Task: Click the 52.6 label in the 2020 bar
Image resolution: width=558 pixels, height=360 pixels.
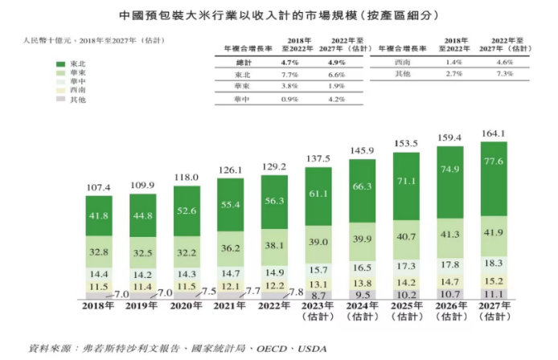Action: pos(188,211)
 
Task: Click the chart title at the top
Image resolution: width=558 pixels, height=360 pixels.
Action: pos(279,15)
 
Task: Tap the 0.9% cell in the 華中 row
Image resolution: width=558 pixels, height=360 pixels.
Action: pos(290,100)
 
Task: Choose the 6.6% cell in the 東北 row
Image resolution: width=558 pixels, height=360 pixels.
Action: pos(342,74)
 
